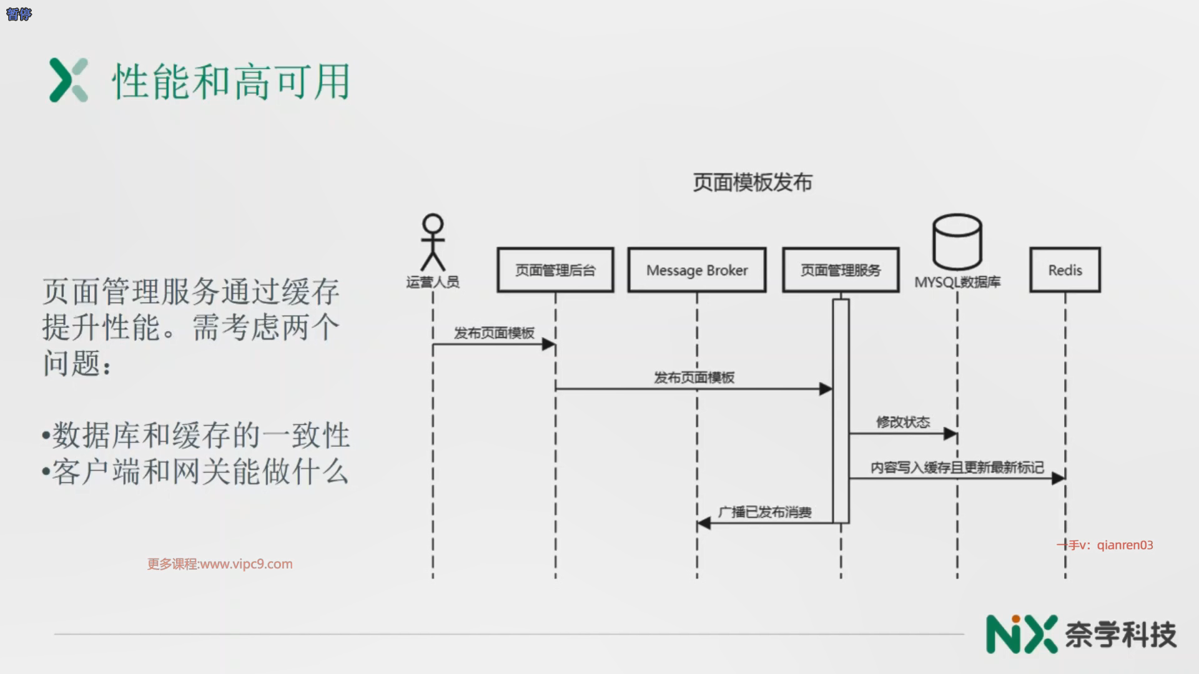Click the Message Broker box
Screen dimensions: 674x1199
point(697,270)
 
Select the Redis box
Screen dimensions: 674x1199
point(1065,270)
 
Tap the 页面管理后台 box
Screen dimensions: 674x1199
point(555,270)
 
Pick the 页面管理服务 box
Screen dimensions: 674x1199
point(841,270)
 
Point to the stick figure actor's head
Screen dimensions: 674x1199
point(433,224)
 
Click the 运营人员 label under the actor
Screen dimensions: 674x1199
point(433,282)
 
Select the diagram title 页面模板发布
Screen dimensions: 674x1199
point(752,182)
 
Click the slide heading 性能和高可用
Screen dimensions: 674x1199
point(231,82)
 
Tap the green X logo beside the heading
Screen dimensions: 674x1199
point(69,81)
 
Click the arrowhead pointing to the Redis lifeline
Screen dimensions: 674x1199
point(1058,478)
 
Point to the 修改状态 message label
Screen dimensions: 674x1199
point(903,422)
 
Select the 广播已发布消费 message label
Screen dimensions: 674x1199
point(765,512)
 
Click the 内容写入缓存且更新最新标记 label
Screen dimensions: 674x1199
point(957,467)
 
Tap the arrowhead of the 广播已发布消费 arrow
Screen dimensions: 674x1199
point(704,523)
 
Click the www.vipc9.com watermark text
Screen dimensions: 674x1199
point(220,564)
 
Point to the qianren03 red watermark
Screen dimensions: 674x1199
point(1105,545)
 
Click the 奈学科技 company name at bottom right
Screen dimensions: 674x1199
point(1120,635)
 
